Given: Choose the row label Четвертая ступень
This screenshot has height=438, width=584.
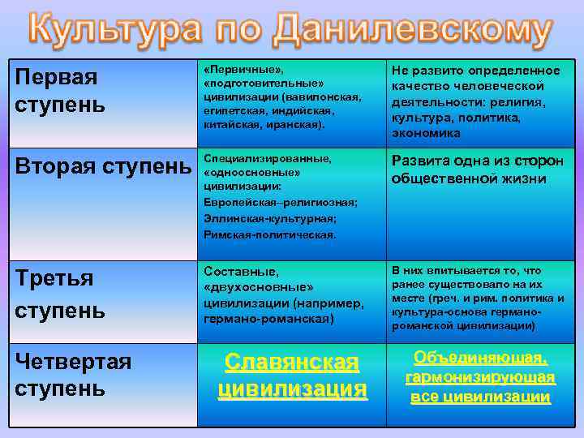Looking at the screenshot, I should [x=73, y=374].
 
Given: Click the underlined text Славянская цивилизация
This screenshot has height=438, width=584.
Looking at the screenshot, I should [x=292, y=375].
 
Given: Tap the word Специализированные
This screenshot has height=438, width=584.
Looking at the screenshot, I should [x=259, y=158].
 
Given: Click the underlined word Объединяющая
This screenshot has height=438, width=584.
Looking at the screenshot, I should [x=480, y=358].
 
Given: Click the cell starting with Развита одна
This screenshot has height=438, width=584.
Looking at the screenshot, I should [x=477, y=168].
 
